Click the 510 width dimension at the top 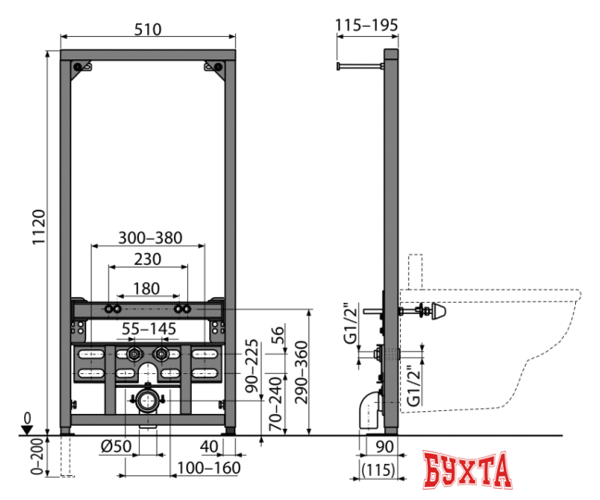[148, 30]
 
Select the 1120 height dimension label [39, 227]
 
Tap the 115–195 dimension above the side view [367, 25]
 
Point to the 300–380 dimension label [150, 238]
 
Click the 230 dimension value [148, 259]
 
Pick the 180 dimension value [146, 289]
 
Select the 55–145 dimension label [149, 329]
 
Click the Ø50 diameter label [116, 446]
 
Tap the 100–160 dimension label [208, 468]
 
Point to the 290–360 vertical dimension [302, 372]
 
